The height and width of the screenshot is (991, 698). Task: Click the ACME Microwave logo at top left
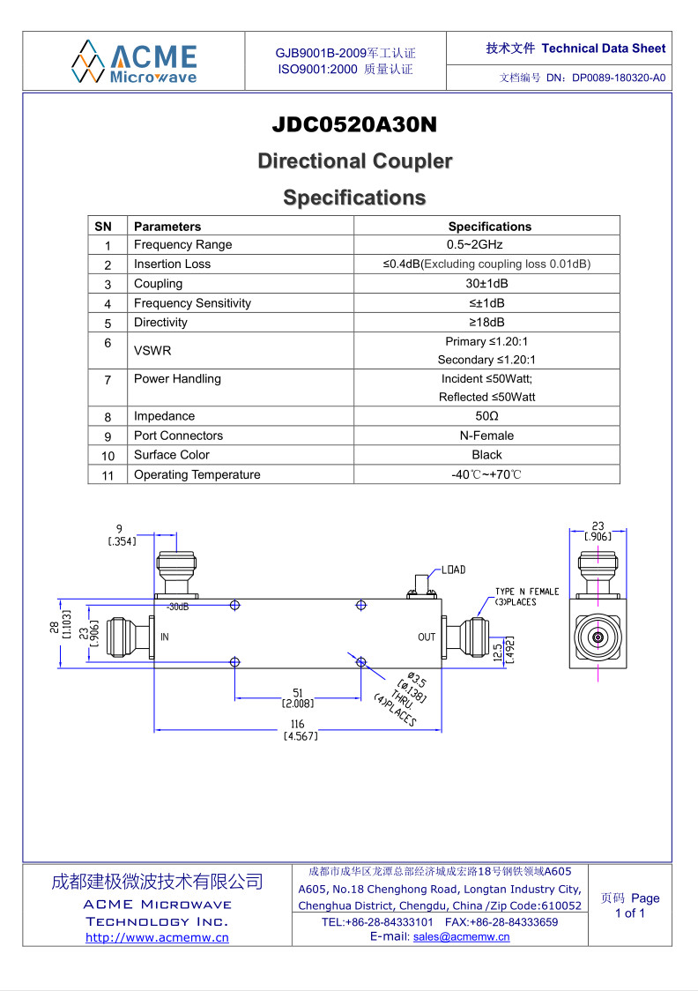[134, 62]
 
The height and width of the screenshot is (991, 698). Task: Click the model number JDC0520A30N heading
[354, 124]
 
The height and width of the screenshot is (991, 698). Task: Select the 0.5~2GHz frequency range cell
[474, 244]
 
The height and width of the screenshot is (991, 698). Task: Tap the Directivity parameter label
[160, 323]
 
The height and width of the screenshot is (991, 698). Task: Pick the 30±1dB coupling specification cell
[487, 283]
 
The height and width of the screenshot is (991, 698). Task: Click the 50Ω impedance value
[487, 416]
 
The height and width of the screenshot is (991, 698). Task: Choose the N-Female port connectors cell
[487, 436]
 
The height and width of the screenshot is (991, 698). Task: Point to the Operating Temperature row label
[197, 474]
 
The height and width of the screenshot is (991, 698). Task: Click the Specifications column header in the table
[489, 227]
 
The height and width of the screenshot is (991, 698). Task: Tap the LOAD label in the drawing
[453, 570]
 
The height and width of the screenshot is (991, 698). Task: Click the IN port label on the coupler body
[164, 637]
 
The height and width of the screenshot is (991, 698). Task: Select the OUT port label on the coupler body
[427, 637]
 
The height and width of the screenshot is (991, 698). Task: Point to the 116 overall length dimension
[298, 724]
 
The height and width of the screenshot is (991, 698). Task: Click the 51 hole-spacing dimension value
[298, 693]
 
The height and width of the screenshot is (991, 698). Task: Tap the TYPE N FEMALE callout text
[527, 592]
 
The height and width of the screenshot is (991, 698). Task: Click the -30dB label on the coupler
[177, 607]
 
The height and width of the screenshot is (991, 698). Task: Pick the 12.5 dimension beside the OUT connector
[498, 651]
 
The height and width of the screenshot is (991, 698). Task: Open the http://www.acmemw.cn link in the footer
[157, 938]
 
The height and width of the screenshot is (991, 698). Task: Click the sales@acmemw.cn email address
[461, 936]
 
